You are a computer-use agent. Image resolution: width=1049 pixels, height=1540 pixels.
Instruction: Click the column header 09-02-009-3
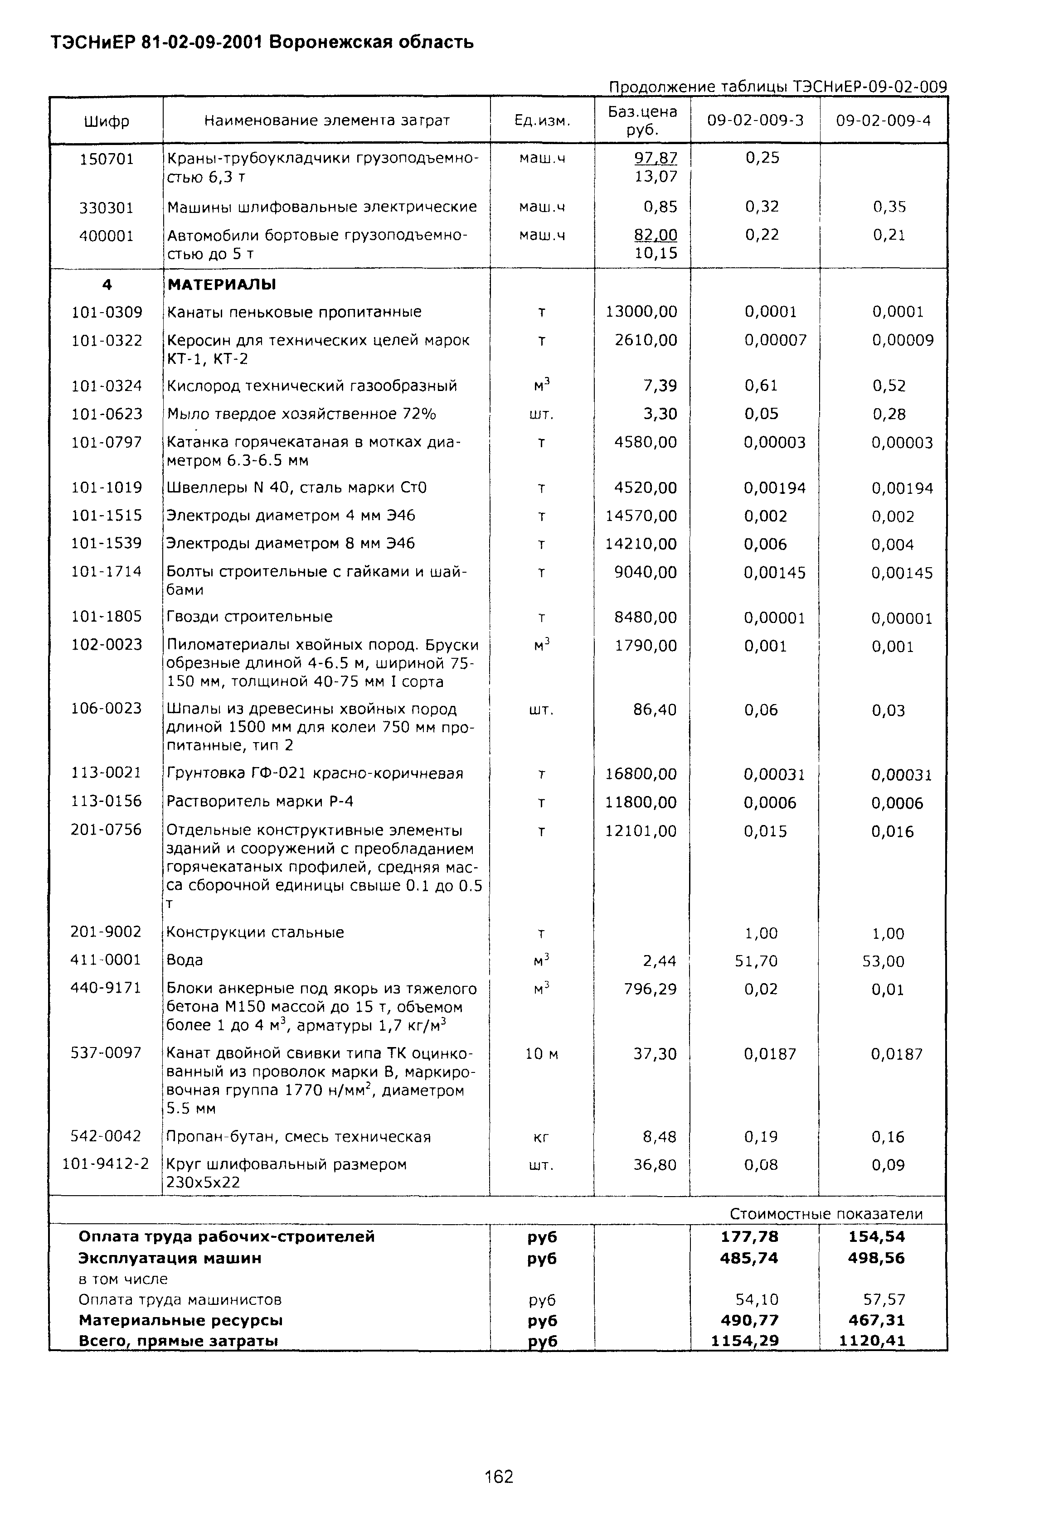pyautogui.click(x=755, y=121)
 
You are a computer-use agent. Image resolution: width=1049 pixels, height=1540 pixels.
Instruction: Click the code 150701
pyautogui.click(x=107, y=159)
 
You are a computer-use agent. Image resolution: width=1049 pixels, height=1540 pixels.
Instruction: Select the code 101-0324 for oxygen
pyautogui.click(x=107, y=386)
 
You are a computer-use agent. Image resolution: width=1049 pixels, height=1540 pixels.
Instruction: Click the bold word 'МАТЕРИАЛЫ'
pyautogui.click(x=222, y=285)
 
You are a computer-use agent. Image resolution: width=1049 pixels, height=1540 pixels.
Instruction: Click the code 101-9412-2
pyautogui.click(x=106, y=1163)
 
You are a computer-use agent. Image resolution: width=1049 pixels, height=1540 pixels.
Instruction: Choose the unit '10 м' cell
pyautogui.click(x=542, y=1053)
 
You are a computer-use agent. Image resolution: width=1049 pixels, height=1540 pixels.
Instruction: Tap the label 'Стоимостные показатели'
pyautogui.click(x=826, y=1213)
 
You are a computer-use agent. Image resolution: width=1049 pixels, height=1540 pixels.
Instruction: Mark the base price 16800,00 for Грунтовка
pyautogui.click(x=641, y=774)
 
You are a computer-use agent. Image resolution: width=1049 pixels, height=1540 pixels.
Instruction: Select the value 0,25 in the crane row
pyautogui.click(x=762, y=158)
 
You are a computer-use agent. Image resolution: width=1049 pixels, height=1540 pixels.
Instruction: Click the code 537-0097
pyautogui.click(x=106, y=1052)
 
